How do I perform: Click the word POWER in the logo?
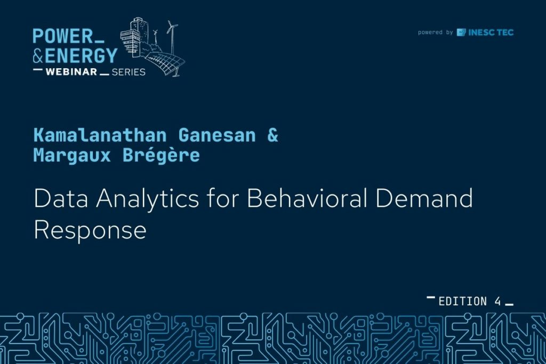click(63, 36)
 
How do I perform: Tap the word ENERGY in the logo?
click(81, 55)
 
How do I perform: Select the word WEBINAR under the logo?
click(71, 72)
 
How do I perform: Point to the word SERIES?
click(128, 72)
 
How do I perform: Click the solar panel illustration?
click(164, 63)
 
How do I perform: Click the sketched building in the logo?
click(134, 38)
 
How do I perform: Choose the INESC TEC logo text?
click(491, 33)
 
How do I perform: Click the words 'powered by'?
click(435, 33)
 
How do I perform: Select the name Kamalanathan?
click(100, 135)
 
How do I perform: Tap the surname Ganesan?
click(217, 135)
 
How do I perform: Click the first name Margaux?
click(72, 155)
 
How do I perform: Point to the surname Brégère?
click(161, 155)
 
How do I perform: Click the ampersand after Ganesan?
click(272, 135)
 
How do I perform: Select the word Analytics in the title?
click(148, 199)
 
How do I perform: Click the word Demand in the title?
click(424, 198)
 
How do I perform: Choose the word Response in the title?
click(90, 230)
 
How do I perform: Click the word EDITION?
click(462, 301)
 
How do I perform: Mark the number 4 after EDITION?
click(497, 301)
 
